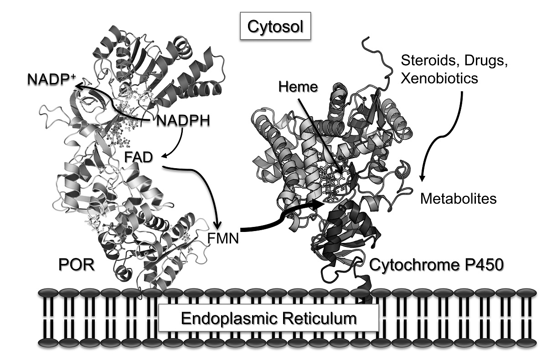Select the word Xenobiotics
coord(439,78)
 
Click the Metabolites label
coord(458,199)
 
